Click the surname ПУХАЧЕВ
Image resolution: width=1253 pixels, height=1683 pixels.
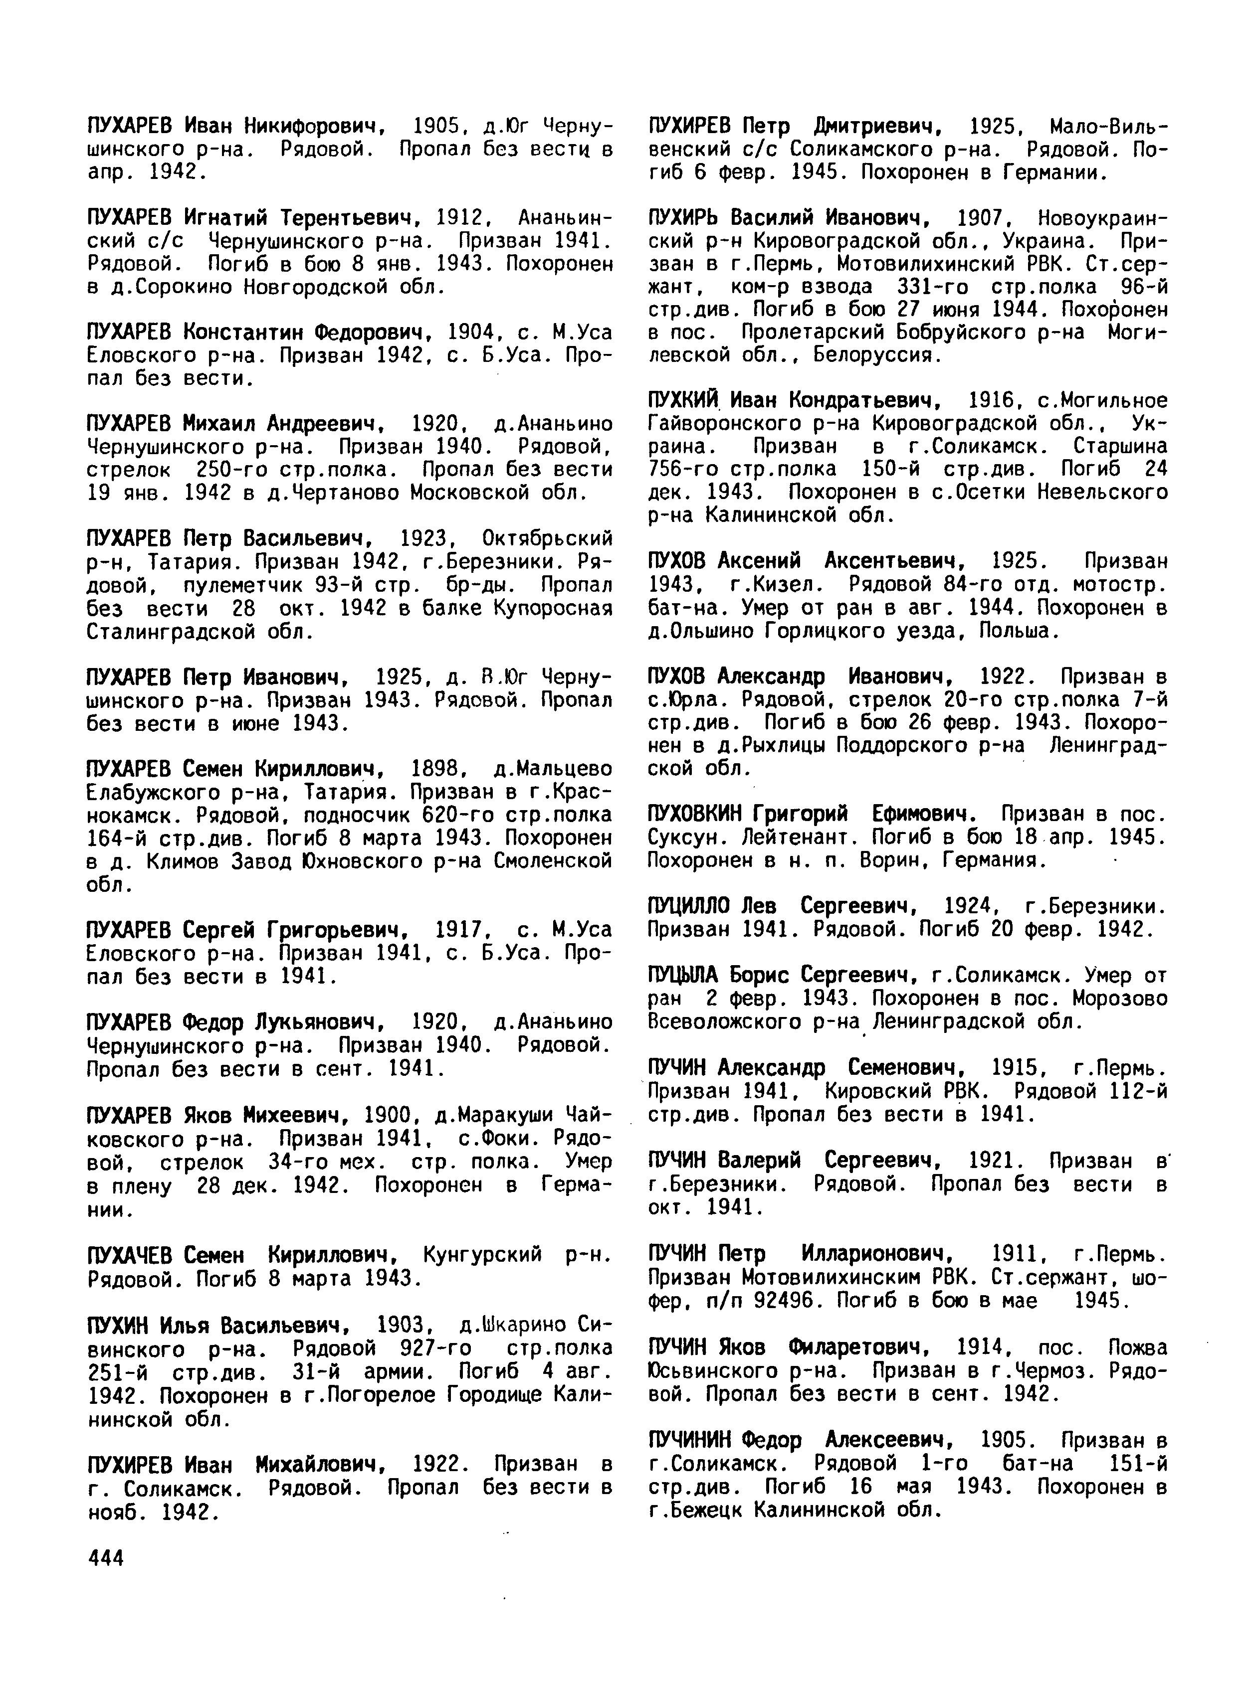[x=133, y=1255]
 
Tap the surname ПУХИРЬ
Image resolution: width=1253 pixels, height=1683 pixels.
[x=686, y=217]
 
